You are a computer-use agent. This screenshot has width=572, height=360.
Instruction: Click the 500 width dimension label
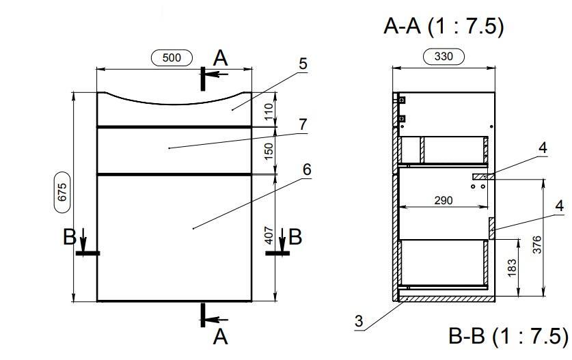172,58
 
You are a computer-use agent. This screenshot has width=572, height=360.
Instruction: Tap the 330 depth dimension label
444,57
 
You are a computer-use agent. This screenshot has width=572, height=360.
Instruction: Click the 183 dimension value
512,268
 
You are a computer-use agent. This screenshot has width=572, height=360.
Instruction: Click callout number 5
303,64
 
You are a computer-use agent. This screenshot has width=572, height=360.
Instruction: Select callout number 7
303,124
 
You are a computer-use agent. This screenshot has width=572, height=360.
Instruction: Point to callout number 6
307,169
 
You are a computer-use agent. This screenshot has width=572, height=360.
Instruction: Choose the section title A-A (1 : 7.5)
444,26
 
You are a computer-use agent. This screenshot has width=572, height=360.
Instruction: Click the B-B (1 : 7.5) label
508,336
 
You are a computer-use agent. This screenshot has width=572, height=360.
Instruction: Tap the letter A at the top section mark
220,59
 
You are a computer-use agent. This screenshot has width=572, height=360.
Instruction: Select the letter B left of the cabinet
70,237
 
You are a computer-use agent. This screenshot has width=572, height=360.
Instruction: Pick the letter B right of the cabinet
295,237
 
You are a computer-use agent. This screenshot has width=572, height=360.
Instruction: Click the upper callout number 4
543,148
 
